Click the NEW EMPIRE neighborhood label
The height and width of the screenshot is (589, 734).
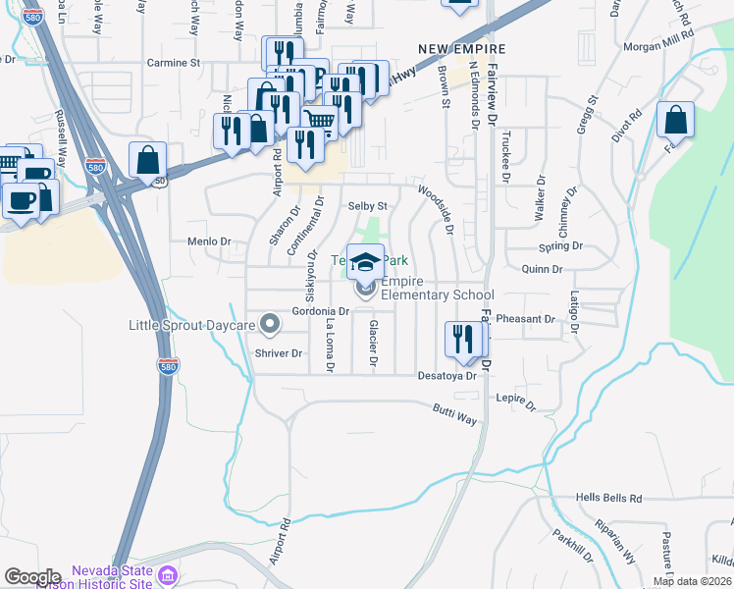461,49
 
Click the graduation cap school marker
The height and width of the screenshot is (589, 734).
366,262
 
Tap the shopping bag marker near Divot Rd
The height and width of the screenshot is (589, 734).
675,121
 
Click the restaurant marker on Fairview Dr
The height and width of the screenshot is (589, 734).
463,340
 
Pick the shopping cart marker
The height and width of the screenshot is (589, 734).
319,123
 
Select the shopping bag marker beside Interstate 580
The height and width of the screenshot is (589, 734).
147,161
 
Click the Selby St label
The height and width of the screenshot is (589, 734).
369,207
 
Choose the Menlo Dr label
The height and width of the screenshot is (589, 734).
208,241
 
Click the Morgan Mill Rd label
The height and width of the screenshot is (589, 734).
658,46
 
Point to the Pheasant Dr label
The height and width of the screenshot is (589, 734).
526,319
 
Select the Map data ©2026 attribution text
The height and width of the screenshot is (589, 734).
692,581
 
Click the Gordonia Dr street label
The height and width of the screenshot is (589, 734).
321,311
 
